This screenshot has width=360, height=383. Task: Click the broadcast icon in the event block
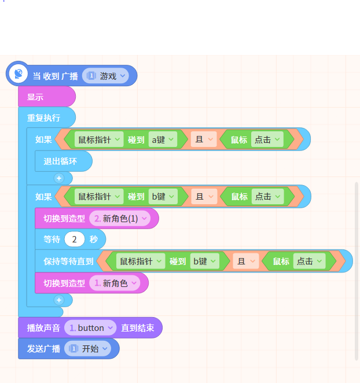tap(19, 73)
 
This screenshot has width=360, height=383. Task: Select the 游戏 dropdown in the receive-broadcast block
tap(105, 76)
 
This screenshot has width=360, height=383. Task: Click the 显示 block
tap(47, 97)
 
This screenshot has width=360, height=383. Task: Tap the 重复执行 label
tap(43, 118)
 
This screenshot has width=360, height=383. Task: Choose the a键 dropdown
tap(163, 139)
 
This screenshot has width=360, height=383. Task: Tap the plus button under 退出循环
tap(59, 178)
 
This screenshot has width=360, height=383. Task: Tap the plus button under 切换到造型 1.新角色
tap(59, 300)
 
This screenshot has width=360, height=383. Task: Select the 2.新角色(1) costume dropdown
tap(120, 218)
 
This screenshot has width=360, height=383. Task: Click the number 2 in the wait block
tap(75, 239)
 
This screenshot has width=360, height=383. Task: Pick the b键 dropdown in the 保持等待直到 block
tap(204, 262)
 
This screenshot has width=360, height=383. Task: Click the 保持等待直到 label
tap(68, 262)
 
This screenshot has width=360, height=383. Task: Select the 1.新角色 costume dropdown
tap(115, 283)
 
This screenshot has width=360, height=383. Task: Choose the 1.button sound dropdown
tap(90, 328)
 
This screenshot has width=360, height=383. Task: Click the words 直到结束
tap(138, 328)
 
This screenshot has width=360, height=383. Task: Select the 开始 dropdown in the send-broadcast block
tap(87, 348)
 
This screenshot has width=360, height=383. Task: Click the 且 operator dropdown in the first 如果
tap(204, 139)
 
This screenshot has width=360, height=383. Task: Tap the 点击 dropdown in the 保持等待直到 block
tap(310, 262)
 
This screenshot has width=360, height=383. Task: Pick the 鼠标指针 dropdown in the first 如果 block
tap(99, 139)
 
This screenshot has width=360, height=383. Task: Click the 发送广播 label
tap(43, 348)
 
